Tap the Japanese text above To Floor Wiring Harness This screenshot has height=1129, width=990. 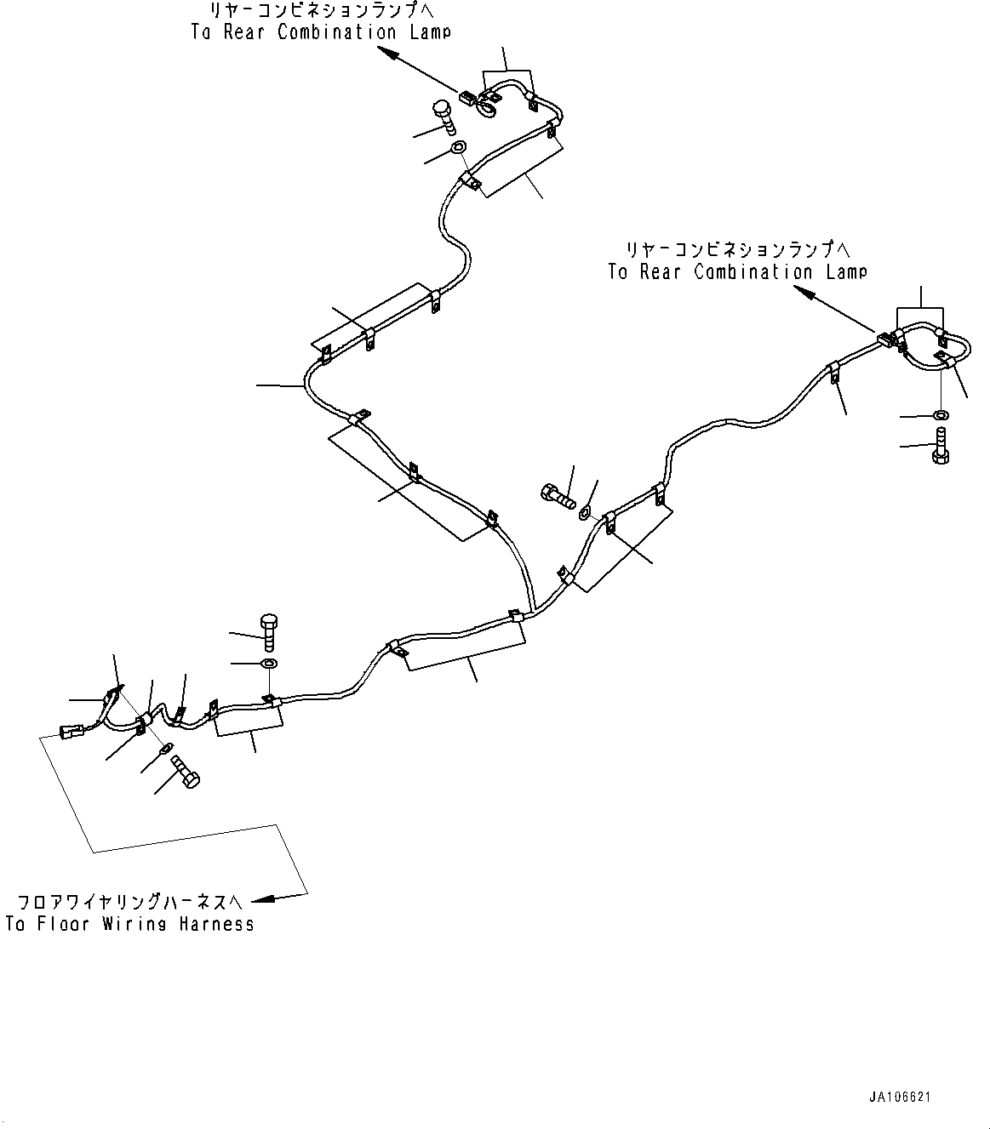(x=130, y=900)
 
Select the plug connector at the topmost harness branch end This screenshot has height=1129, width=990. (x=468, y=97)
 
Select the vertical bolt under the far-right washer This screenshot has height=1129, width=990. (x=941, y=446)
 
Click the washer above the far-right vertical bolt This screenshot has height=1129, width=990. (x=940, y=414)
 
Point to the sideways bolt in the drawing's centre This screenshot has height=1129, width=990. (x=558, y=494)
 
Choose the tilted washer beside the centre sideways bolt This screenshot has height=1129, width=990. (x=586, y=513)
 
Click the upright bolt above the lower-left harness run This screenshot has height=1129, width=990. (x=270, y=630)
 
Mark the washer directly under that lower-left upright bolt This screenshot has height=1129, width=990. (x=268, y=663)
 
